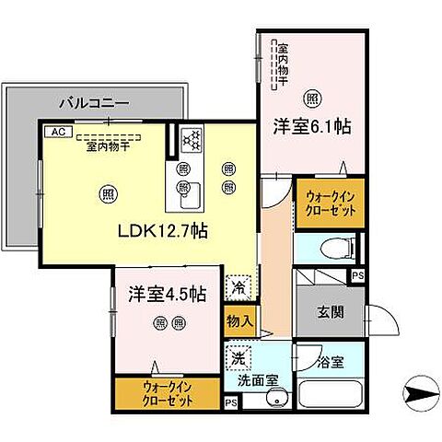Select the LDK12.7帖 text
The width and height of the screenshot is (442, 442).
pyautogui.click(x=160, y=230)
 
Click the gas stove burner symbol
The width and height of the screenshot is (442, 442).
pyautogui.click(x=192, y=140)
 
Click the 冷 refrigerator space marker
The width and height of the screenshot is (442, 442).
pyautogui.click(x=237, y=286)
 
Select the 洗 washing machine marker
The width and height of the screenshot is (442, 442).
pyautogui.click(x=238, y=356)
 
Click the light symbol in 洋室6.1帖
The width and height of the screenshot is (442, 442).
pyautogui.click(x=313, y=96)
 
